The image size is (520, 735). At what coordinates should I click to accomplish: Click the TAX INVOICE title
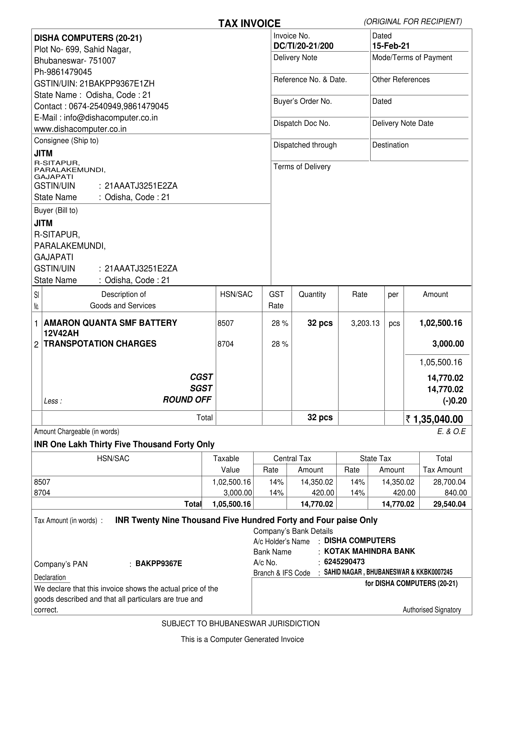coord(249,23)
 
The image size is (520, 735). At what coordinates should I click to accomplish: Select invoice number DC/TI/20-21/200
coord(303,46)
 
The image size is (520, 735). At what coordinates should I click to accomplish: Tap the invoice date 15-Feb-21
coord(391,46)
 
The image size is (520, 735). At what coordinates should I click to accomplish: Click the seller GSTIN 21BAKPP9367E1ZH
coord(117,84)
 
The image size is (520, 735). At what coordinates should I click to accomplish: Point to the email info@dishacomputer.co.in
coord(110,118)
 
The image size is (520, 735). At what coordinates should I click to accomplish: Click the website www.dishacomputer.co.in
coord(80,129)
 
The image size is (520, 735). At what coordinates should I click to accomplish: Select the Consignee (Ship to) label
coord(66,141)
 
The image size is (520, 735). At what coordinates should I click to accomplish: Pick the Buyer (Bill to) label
coord(56,210)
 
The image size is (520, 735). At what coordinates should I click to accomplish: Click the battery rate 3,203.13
coord(365,323)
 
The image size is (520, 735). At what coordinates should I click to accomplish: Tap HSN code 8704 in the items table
coord(226,344)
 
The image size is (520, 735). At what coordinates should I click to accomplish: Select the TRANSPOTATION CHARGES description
coord(100,344)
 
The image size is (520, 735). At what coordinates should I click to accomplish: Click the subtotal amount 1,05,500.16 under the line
coord(441,362)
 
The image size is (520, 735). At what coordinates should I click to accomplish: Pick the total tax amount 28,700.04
coord(449,482)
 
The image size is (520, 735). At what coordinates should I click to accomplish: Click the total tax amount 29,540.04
coord(449,504)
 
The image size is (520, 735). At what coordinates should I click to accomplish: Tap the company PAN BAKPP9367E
coord(159,563)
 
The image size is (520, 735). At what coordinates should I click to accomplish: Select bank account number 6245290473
coord(344,562)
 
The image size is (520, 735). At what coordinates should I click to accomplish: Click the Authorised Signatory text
coord(432,610)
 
